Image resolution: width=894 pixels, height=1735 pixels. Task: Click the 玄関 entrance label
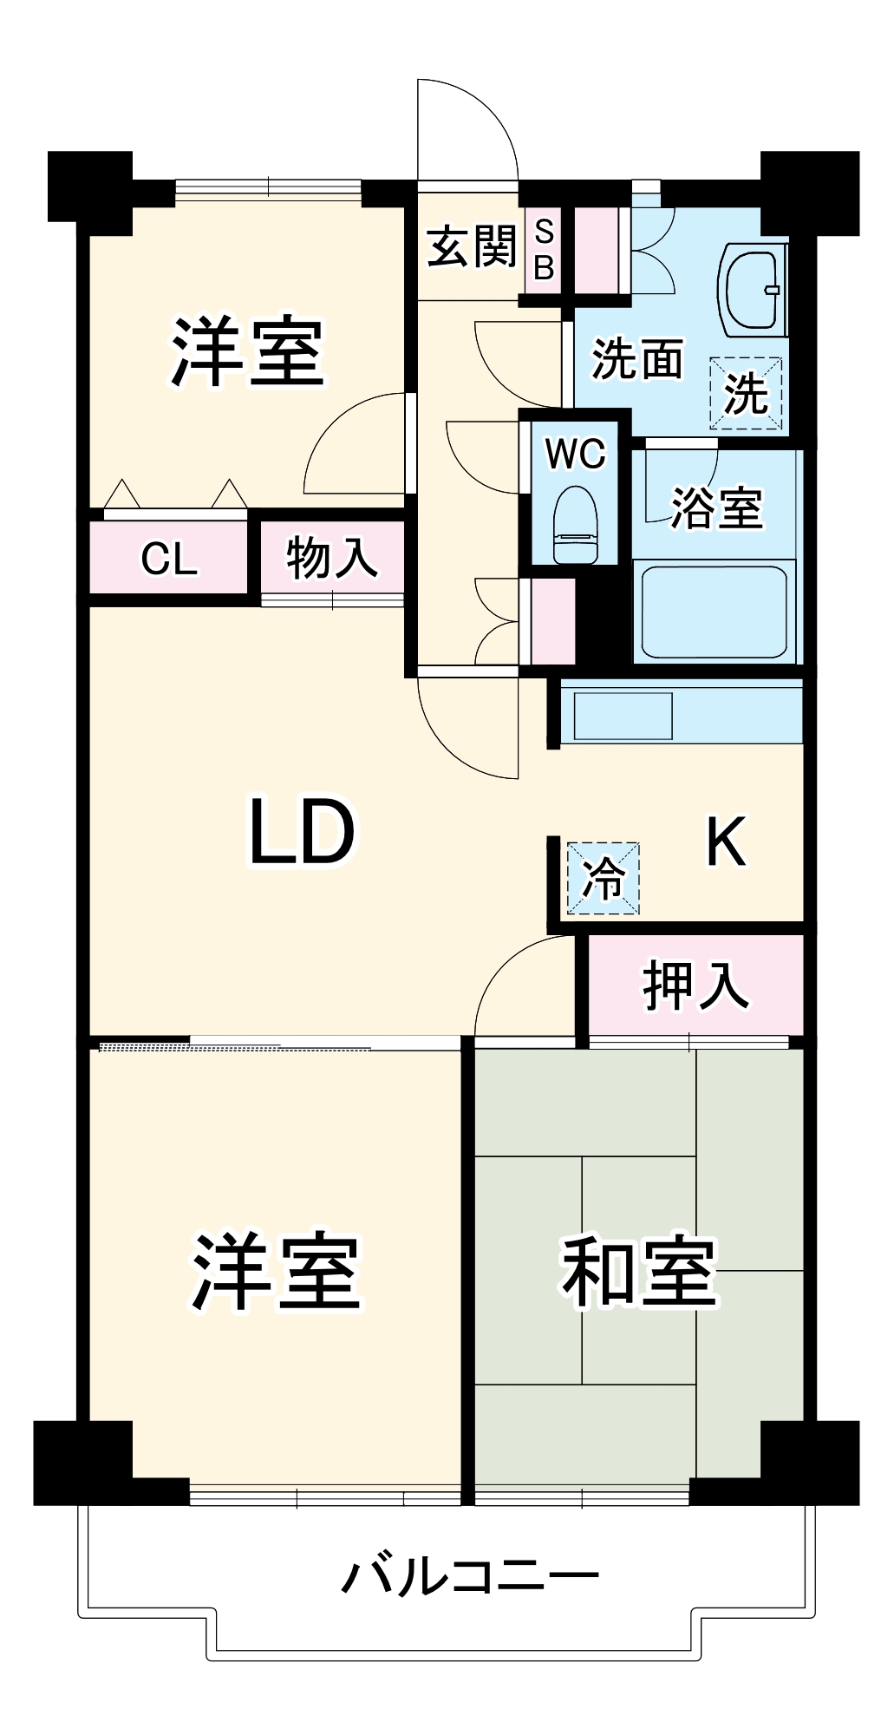point(472,246)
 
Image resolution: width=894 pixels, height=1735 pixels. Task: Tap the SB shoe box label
point(544,250)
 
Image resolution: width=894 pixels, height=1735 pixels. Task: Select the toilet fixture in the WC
point(575,525)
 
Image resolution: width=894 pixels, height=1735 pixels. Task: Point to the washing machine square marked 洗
point(746,393)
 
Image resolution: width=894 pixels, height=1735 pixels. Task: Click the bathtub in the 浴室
point(714,612)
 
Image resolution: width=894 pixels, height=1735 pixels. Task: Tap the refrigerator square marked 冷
point(603,878)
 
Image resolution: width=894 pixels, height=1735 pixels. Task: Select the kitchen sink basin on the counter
point(623,716)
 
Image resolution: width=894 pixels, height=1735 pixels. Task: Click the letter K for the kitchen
point(726,841)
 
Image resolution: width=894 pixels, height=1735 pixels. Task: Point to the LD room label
point(302,833)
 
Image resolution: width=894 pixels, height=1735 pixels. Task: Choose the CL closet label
point(169,559)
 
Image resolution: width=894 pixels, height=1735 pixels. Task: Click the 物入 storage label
point(332,557)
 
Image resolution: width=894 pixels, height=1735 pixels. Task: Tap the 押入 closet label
point(695,985)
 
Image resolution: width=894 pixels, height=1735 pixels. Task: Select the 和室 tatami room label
point(639,1272)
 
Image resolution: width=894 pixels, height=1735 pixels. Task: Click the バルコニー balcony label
point(469,1576)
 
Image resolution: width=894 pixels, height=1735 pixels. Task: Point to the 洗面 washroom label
point(637,358)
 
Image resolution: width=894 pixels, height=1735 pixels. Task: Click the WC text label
point(576,453)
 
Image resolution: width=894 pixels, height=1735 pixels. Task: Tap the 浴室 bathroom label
point(717,507)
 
